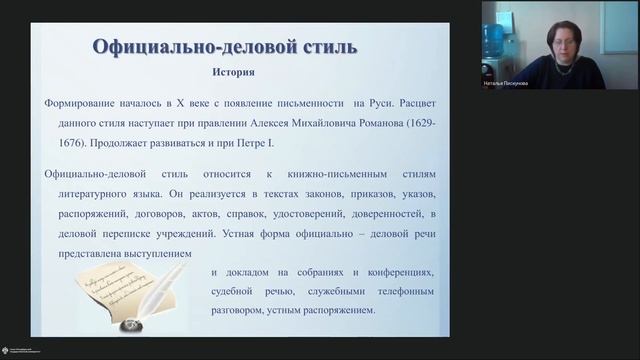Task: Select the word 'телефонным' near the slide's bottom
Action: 402,292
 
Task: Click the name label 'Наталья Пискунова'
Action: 506,83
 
